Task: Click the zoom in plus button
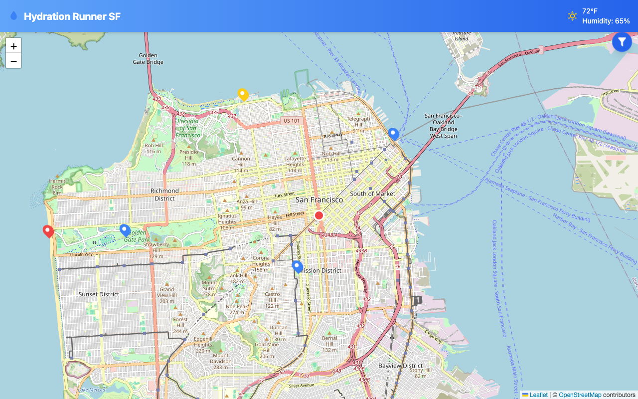[x=13, y=46]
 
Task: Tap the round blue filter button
[x=622, y=42]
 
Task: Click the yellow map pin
[x=243, y=94]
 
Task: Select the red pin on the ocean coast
[x=48, y=231]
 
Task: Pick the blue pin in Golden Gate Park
[x=125, y=230]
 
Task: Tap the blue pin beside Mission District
[x=297, y=266]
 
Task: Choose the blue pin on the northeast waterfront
[x=393, y=134]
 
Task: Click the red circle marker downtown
[x=319, y=215]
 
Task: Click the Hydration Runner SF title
[x=72, y=16]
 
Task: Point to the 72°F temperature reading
[x=590, y=11]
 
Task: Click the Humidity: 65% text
[x=606, y=21]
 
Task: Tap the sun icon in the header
[x=572, y=16]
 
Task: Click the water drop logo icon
[x=14, y=16]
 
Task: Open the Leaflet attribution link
[x=538, y=395]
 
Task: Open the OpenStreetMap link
[x=580, y=395]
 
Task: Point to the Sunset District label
[x=99, y=294]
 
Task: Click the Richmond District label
[x=164, y=195]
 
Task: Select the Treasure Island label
[x=461, y=36]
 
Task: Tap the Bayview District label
[x=400, y=366]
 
